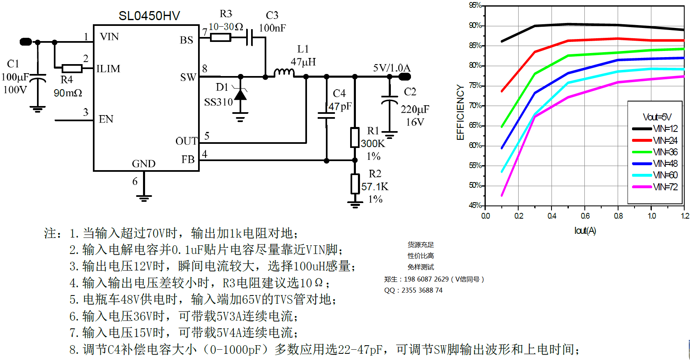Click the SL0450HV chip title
click(149, 16)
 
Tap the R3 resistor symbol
click(220, 38)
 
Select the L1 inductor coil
click(284, 73)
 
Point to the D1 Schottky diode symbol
click(240, 95)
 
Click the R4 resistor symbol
click(72, 68)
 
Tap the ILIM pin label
click(108, 69)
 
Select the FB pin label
click(188, 159)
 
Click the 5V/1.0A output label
click(391, 68)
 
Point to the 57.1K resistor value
click(374, 187)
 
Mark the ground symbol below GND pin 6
click(144, 198)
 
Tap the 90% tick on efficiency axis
click(475, 25)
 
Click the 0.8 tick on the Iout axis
click(618, 216)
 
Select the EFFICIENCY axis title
click(460, 112)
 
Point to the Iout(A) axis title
click(585, 231)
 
